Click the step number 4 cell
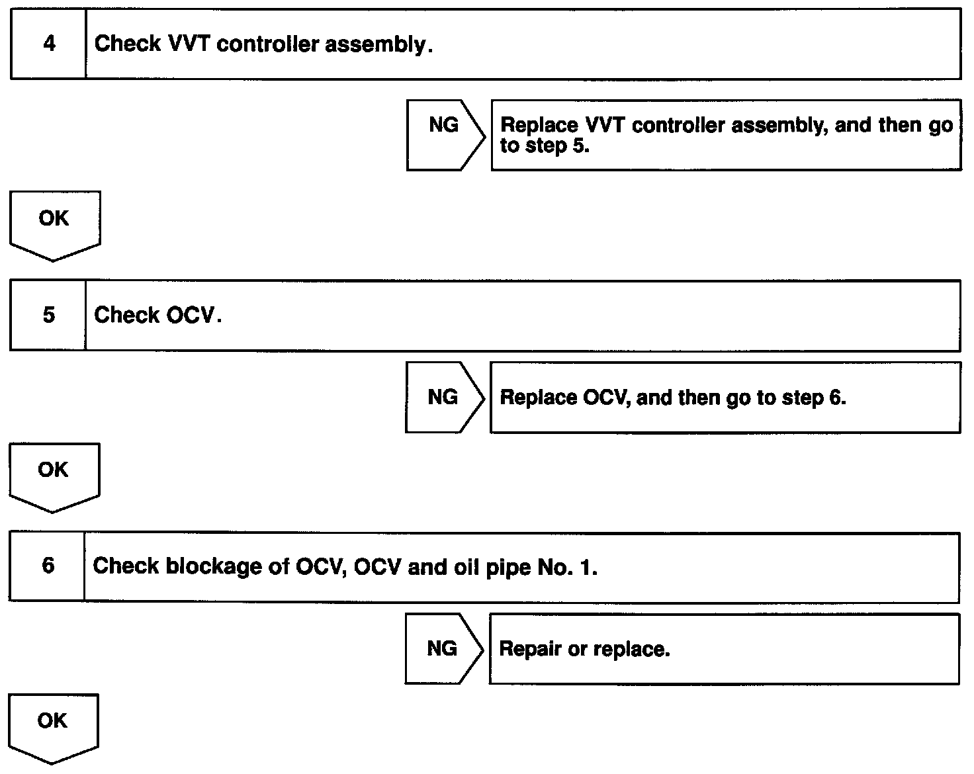pyautogui.click(x=48, y=44)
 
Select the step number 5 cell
pyautogui.click(x=48, y=315)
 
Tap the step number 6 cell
pyautogui.click(x=48, y=566)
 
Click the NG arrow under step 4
pyautogui.click(x=445, y=135)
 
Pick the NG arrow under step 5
pyautogui.click(x=444, y=397)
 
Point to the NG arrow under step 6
pyautogui.click(x=443, y=648)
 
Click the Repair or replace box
pyautogui.click(x=724, y=649)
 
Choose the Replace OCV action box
pyautogui.click(x=725, y=398)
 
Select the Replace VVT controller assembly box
pyautogui.click(x=726, y=135)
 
